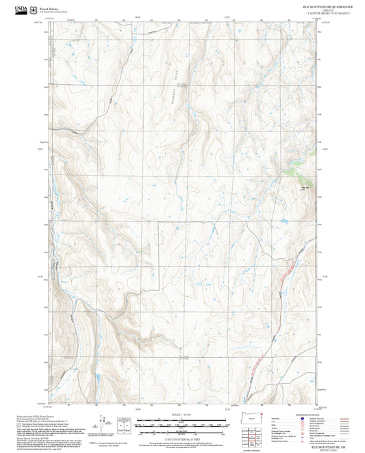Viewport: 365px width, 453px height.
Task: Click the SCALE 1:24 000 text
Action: click(x=182, y=415)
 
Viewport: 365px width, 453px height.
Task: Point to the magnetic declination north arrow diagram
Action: click(x=103, y=424)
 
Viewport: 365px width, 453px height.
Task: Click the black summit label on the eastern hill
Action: click(x=305, y=187)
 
